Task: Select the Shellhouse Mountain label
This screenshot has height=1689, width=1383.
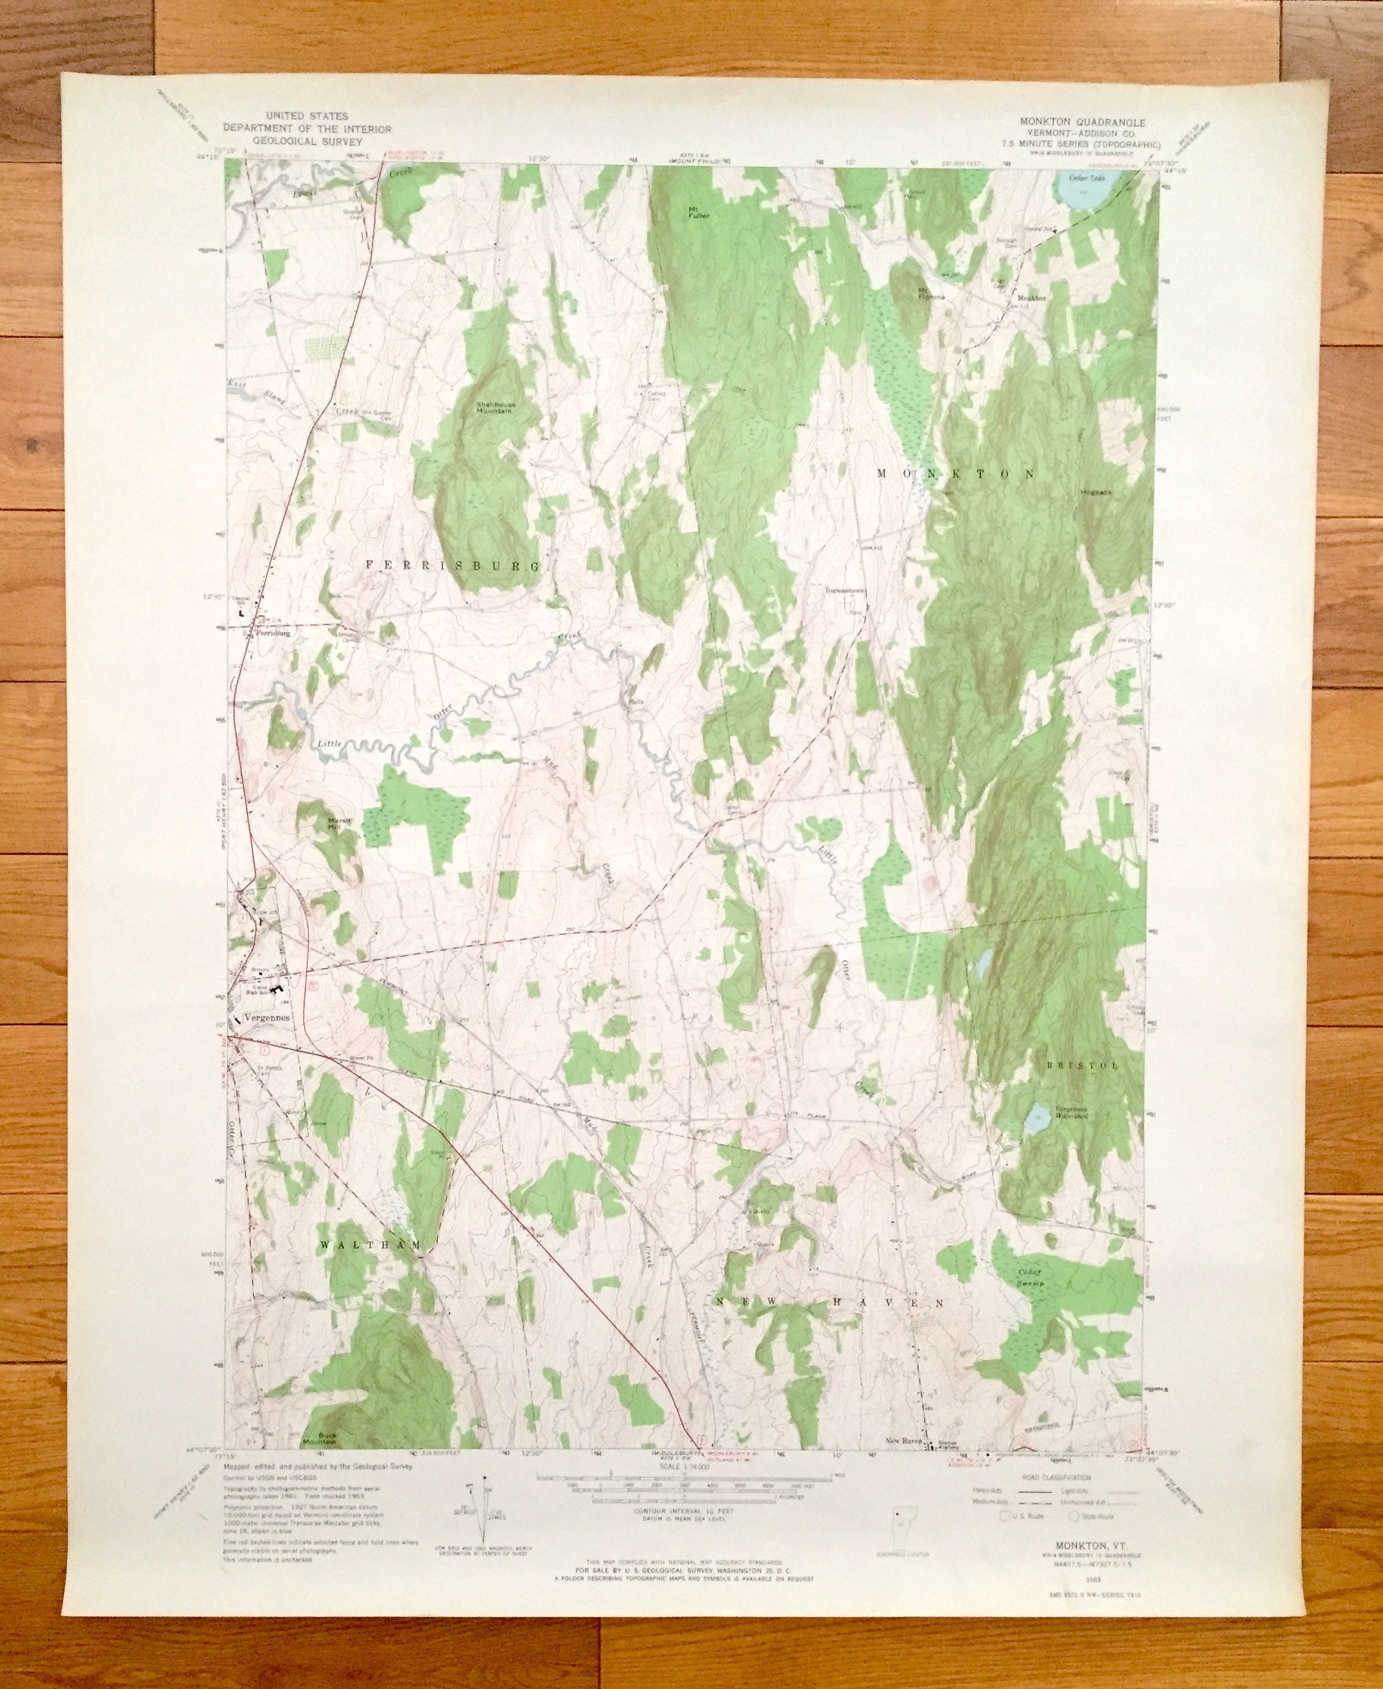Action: pyautogui.click(x=496, y=407)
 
